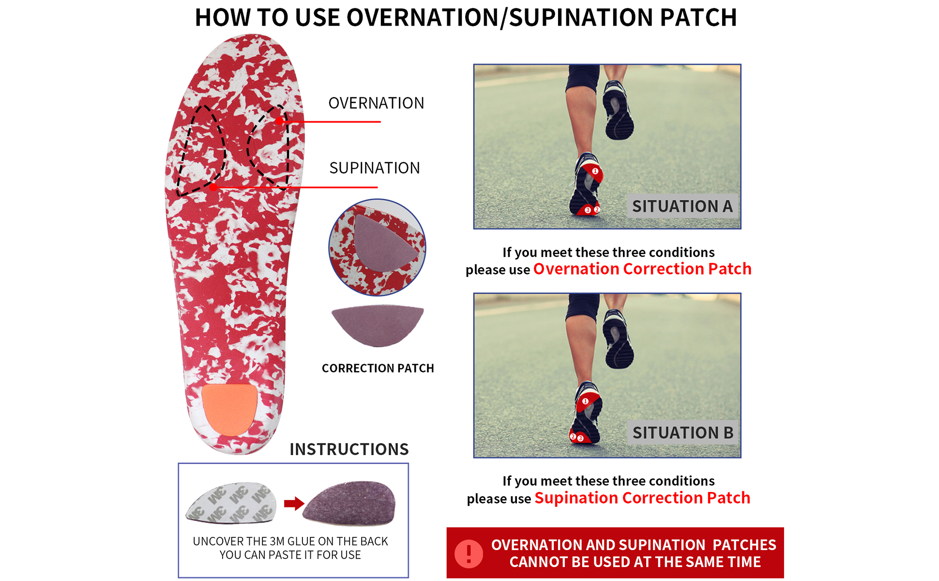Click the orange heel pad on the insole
pos(229,409)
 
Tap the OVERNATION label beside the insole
pos(376,103)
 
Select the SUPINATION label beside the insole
pos(375,168)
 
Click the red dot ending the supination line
pos(213,187)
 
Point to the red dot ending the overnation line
pos(280,121)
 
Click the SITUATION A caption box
pos(682,206)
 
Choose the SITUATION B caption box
pos(682,432)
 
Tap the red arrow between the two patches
pos(294,504)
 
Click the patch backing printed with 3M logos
pos(231,503)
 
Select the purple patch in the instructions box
pos(350,504)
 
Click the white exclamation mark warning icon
pos(469,553)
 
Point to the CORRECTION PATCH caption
pos(378,368)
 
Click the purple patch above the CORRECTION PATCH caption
pos(378,324)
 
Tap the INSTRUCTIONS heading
pos(349,449)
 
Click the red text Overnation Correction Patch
pos(642,269)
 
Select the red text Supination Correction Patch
pos(642,498)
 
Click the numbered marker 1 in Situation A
pos(595,171)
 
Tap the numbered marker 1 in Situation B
pos(585,401)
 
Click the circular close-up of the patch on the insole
pos(377,247)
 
